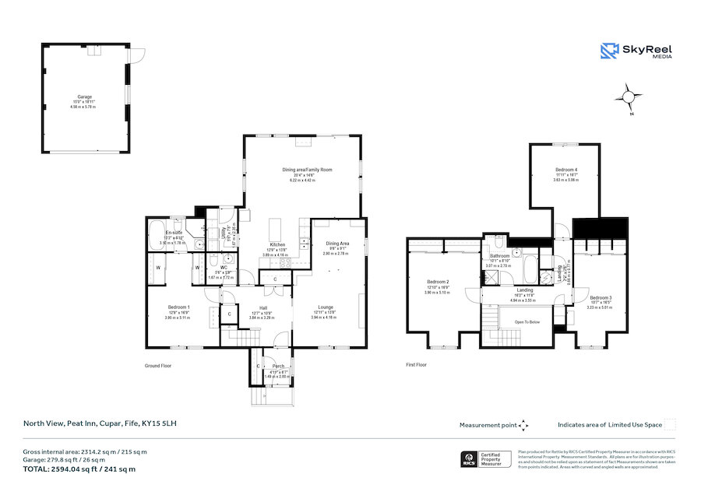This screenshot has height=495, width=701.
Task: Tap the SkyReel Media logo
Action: [636, 51]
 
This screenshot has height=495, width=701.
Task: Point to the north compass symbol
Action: [629, 98]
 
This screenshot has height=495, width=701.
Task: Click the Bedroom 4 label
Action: [566, 170]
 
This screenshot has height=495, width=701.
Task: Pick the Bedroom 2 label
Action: [438, 282]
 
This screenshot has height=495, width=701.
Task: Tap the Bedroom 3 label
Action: [600, 297]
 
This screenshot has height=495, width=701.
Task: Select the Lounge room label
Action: [325, 307]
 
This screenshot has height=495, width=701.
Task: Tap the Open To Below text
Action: [518, 320]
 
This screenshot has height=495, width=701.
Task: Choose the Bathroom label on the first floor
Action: [499, 256]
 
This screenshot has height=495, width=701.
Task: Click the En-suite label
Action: [173, 233]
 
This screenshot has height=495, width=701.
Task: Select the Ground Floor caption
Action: [158, 365]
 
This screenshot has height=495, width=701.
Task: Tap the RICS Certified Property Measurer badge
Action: [487, 459]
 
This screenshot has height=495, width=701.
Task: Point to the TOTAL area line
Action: [78, 469]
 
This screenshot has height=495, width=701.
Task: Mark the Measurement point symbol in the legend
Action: [523, 425]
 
